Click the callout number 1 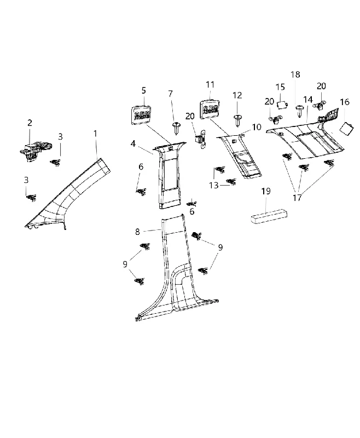click(95, 134)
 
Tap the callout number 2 click(30, 123)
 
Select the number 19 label click(266, 191)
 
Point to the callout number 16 click(345, 102)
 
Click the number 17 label click(297, 198)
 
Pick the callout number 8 click(137, 232)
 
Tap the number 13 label click(214, 185)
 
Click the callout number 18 click(295, 74)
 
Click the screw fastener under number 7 click(176, 128)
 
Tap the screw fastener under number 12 click(238, 120)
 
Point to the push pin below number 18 click(299, 111)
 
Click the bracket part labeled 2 click(36, 151)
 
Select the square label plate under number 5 click(142, 113)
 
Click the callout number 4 click(133, 143)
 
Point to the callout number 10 click(257, 127)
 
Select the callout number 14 click(308, 100)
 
